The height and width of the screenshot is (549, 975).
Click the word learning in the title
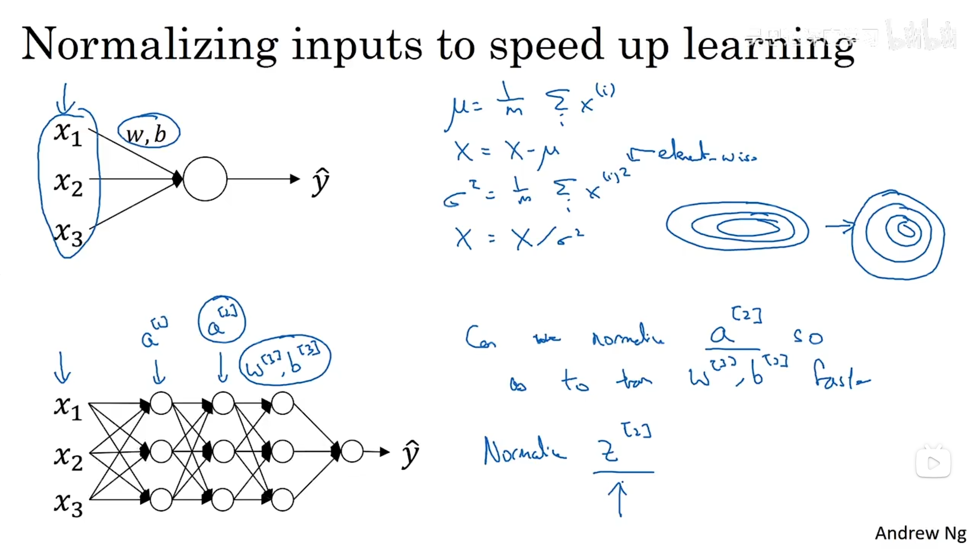point(769,46)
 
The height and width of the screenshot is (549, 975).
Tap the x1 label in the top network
point(68,134)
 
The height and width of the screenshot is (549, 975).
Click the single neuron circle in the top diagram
point(205,179)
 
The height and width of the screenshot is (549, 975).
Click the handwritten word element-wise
point(706,152)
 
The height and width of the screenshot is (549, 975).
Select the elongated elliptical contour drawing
point(737,226)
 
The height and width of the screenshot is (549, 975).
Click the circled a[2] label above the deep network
point(222,320)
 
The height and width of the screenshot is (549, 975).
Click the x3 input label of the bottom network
point(68,503)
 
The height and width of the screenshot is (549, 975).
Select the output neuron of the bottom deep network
point(352,451)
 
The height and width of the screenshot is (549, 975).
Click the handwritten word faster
point(840,376)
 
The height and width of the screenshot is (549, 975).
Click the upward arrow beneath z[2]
point(620,498)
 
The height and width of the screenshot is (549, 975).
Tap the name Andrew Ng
point(920,533)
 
